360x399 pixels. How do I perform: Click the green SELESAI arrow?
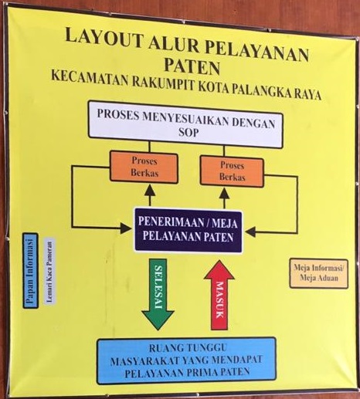point(158,294)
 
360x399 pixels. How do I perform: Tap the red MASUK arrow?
point(219,296)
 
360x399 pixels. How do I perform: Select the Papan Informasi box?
point(30,271)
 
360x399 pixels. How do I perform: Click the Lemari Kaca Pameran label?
point(50,271)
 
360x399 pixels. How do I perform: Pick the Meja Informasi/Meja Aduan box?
point(319,273)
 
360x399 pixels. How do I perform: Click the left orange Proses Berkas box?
point(144,167)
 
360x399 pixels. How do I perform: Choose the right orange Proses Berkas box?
point(232,171)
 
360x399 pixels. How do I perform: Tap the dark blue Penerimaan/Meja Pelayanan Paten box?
point(188,230)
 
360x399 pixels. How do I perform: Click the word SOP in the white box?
point(188,133)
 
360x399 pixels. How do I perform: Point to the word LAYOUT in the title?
point(104,39)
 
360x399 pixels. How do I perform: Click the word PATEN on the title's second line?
point(192,66)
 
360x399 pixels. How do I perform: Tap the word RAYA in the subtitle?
point(307,94)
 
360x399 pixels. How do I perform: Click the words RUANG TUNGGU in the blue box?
point(188,348)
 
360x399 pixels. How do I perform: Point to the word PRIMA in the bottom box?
point(202,372)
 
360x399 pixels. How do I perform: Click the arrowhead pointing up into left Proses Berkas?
point(150,191)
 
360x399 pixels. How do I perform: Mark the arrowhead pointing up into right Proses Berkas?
point(224,194)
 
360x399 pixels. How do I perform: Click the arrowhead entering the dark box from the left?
point(126,228)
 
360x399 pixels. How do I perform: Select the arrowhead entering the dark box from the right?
point(250,232)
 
